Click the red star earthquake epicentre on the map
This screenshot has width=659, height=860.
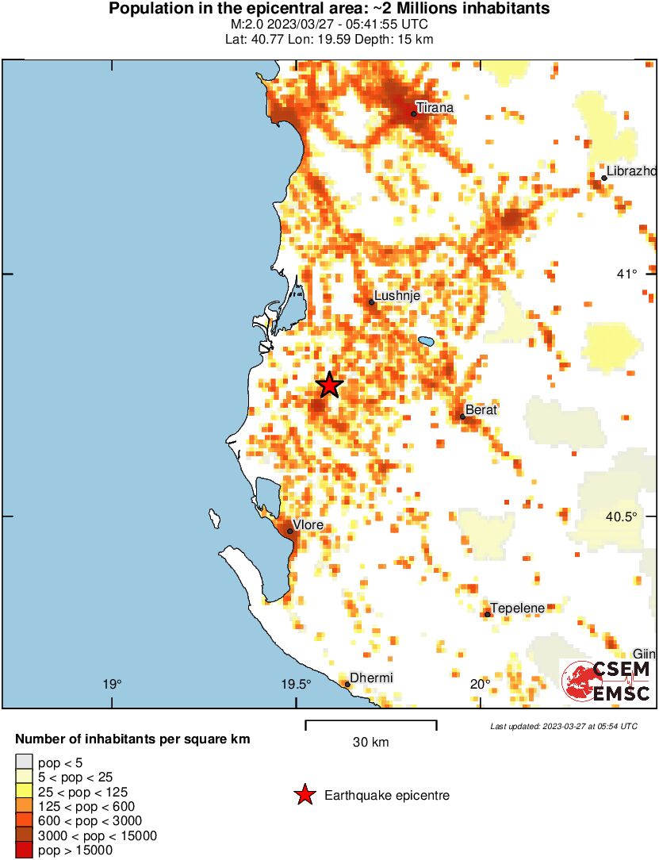(330, 385)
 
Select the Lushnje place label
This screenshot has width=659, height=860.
(396, 296)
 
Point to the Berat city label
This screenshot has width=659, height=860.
(481, 409)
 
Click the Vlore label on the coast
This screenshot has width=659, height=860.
(308, 524)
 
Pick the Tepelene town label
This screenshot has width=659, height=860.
(517, 609)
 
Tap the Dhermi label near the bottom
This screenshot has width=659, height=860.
(371, 678)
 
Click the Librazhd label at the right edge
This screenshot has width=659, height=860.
(631, 171)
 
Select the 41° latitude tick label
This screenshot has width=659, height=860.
(628, 275)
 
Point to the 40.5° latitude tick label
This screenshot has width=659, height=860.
(622, 516)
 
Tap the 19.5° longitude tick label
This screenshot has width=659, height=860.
(296, 685)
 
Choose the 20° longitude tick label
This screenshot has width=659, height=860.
(480, 685)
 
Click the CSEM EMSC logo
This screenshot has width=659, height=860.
(607, 681)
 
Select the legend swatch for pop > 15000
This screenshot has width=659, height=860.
(25, 850)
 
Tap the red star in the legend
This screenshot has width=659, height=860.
(304, 795)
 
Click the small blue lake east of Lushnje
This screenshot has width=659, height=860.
(426, 342)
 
